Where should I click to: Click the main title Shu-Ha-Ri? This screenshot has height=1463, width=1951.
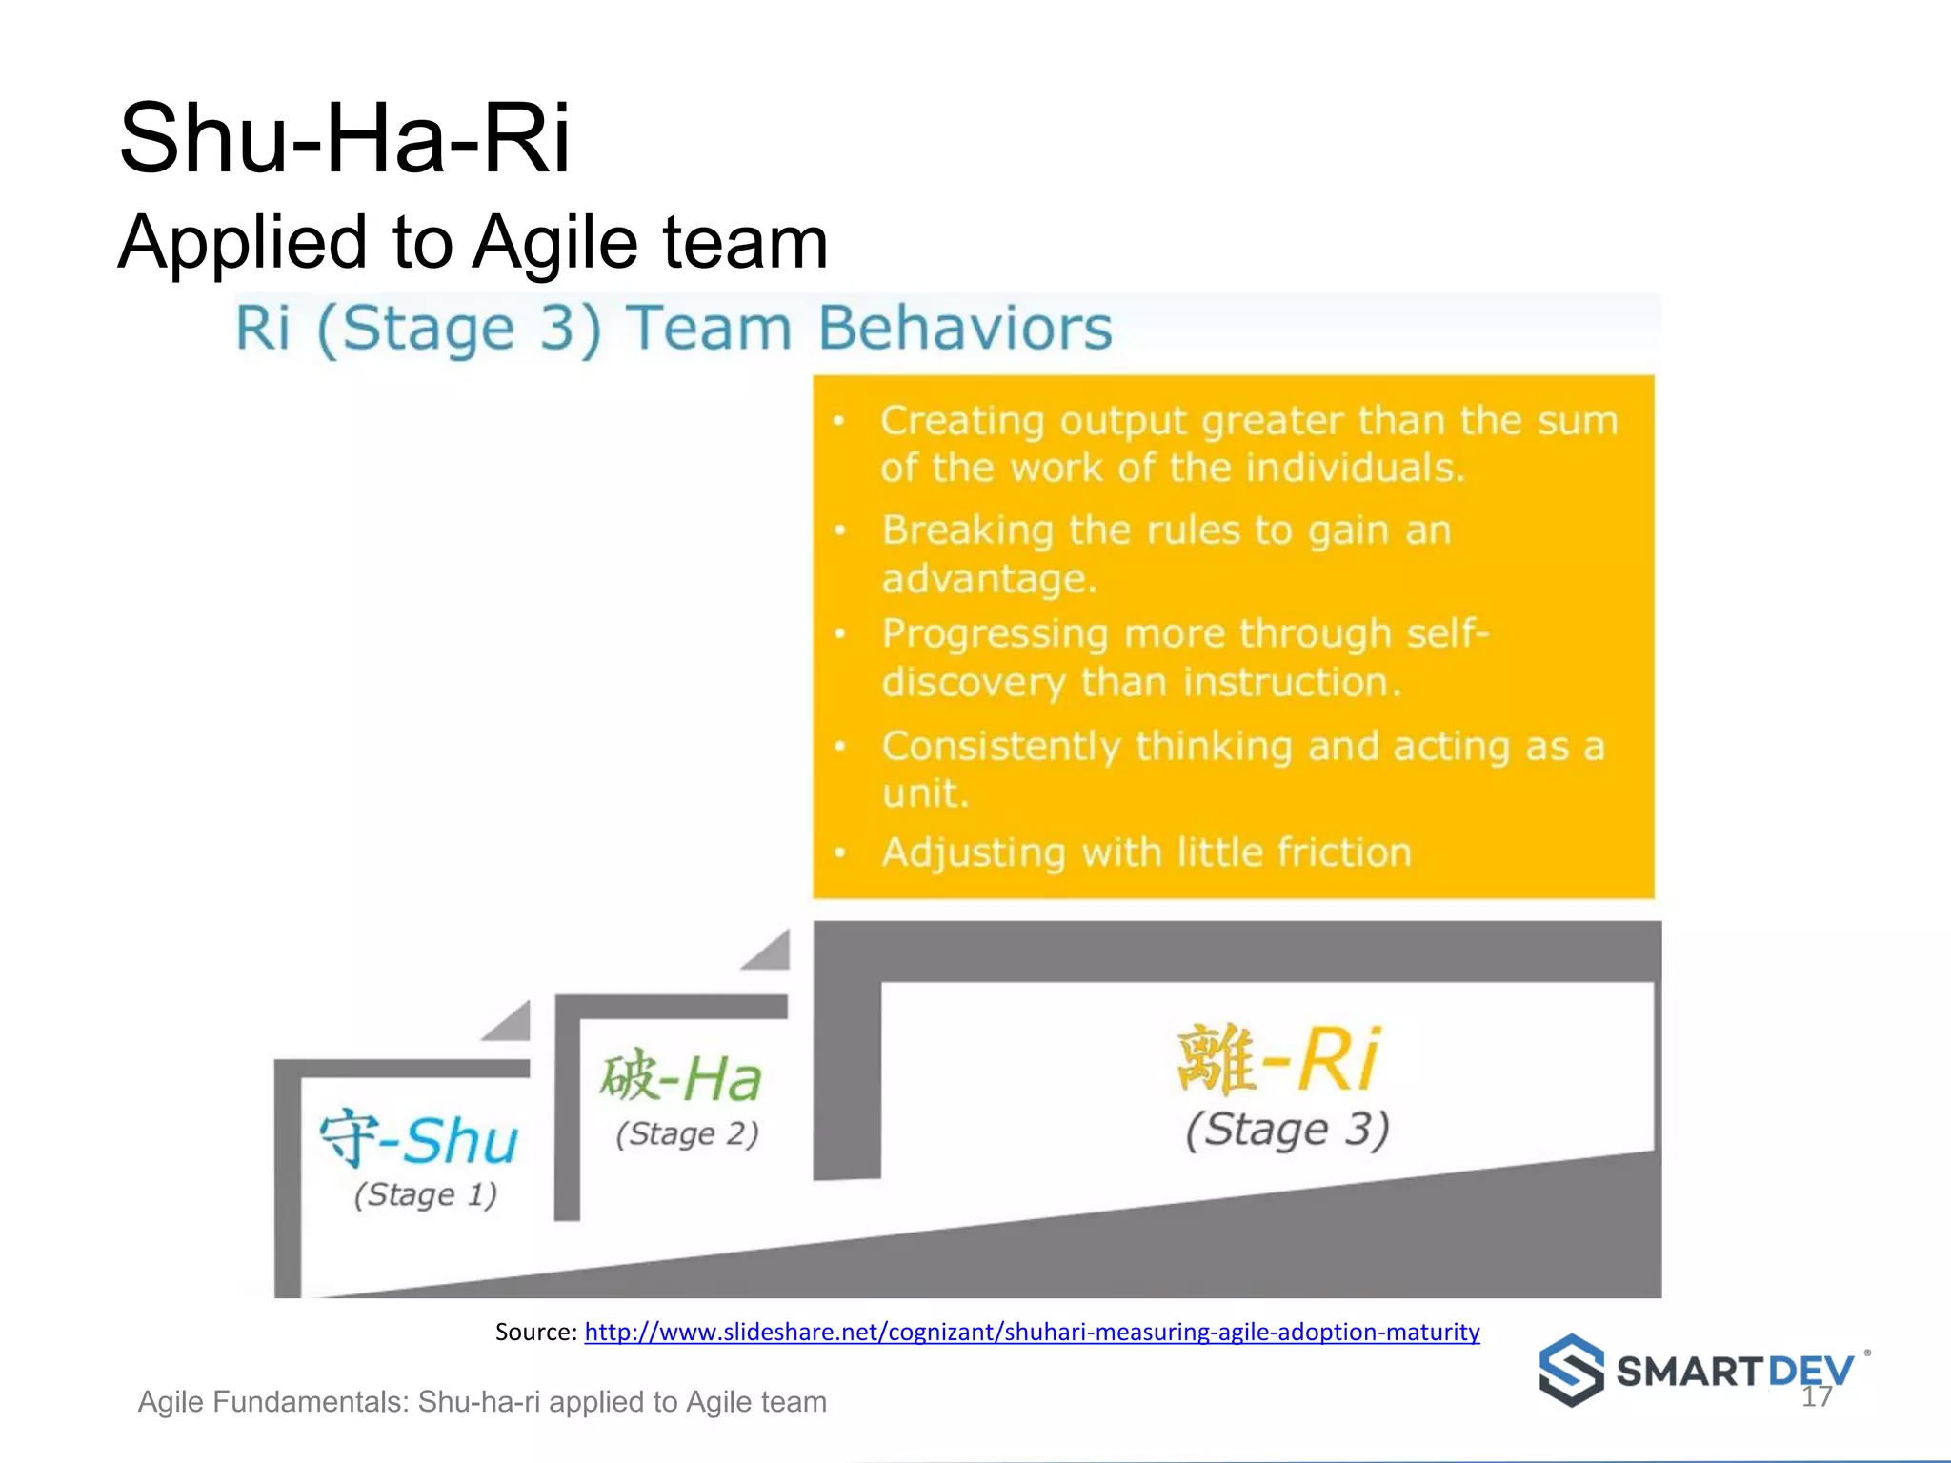(344, 139)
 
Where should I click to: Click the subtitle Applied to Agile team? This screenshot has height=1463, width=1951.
(473, 242)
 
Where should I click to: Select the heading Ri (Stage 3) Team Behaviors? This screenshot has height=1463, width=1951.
(674, 329)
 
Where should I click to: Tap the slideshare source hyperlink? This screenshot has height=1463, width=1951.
(1032, 1332)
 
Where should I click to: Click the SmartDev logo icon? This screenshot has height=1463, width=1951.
(1572, 1371)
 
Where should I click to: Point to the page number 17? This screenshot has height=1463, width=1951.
(1817, 1396)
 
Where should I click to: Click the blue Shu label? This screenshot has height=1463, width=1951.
(460, 1140)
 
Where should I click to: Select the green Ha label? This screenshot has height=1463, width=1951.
(721, 1080)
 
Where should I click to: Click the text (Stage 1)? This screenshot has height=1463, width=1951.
(426, 1194)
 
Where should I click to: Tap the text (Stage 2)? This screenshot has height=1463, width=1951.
(687, 1133)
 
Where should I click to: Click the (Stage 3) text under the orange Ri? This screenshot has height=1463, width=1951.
(1287, 1130)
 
